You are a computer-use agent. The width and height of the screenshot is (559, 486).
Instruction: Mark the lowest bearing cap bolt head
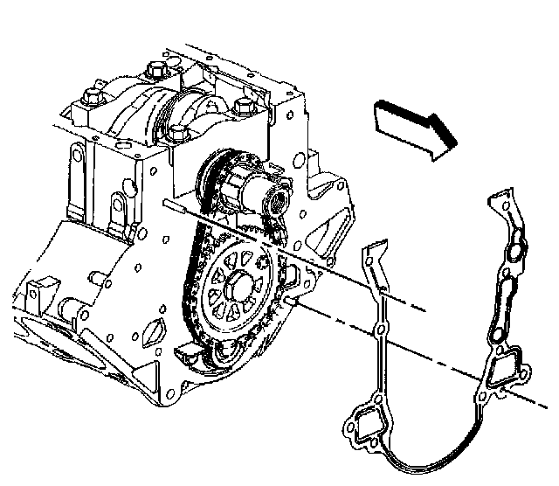coord(179,134)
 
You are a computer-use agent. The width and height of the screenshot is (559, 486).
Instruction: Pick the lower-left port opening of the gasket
coord(360,429)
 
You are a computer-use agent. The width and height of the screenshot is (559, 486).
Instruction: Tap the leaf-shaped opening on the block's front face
coord(150,330)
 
